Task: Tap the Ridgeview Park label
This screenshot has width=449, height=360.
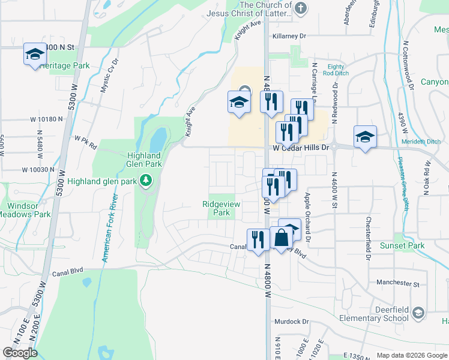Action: tap(221, 208)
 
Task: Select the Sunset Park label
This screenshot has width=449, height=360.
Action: tap(402, 245)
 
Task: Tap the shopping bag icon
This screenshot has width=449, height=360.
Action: tap(281, 238)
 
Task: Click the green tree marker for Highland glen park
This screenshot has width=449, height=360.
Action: tap(145, 180)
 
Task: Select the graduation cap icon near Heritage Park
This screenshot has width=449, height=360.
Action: tap(35, 54)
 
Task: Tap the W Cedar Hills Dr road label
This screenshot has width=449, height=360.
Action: tap(301, 148)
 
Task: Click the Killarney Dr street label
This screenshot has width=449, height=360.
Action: tap(289, 36)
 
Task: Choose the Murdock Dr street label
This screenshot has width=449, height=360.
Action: tap(291, 322)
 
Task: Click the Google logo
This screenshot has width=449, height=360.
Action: tap(20, 353)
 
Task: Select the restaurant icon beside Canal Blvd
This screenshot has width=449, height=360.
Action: tap(258, 240)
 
